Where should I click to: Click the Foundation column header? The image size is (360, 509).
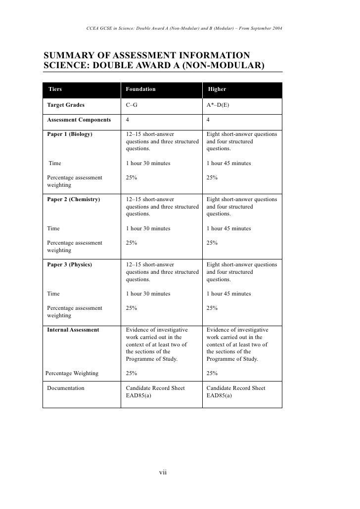[140, 89]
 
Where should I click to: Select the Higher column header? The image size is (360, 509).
[217, 89]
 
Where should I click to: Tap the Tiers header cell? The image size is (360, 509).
[55, 89]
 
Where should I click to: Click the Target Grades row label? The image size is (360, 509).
[66, 105]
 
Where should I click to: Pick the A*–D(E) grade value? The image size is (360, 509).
[218, 105]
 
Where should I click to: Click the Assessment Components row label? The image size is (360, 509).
[79, 120]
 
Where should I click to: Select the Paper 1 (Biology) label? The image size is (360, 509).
[70, 134]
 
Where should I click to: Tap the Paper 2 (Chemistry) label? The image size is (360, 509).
[73, 200]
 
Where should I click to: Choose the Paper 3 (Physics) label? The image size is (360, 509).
[69, 265]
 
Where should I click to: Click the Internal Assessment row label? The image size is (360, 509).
[73, 330]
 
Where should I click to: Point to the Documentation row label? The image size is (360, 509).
[66, 388]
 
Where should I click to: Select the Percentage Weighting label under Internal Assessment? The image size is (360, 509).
[72, 374]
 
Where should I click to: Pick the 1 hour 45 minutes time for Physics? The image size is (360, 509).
[228, 294]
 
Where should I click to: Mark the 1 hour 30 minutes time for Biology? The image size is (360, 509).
[148, 164]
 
